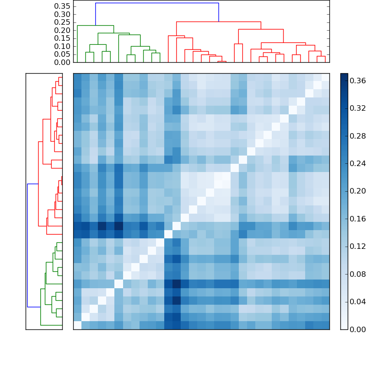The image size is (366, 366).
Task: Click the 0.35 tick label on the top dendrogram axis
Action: [x=63, y=6]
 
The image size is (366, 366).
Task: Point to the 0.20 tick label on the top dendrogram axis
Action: [x=63, y=30]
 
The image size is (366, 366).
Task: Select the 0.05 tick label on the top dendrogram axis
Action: [x=63, y=54]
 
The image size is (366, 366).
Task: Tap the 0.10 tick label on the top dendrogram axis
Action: [x=63, y=46]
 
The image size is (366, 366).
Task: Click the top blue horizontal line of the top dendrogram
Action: [x=157, y=3]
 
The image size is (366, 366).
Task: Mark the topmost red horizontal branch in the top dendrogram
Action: [x=219, y=22]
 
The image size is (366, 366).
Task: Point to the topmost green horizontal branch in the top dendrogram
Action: [x=95, y=26]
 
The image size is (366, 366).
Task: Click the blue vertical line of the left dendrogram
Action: [x=27, y=245]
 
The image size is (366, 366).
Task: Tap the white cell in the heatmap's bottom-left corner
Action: [x=77, y=325]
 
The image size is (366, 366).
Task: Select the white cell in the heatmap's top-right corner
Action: [x=325, y=77]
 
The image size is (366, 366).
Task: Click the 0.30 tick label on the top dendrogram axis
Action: [x=63, y=14]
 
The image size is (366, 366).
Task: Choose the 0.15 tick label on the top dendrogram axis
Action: [x=63, y=38]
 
